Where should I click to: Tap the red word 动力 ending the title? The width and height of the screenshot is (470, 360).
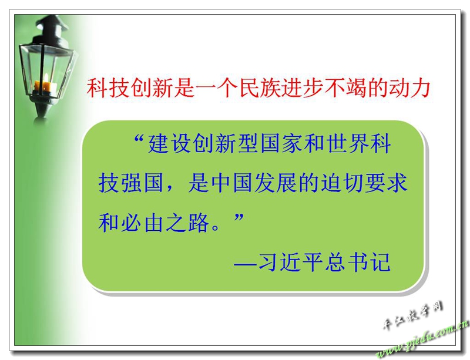(409, 88)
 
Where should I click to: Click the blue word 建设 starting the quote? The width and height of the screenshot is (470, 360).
(169, 143)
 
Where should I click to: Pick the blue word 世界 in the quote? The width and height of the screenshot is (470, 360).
(347, 143)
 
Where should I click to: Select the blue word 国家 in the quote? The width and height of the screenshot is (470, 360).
(281, 143)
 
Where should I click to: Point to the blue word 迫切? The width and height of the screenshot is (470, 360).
(342, 183)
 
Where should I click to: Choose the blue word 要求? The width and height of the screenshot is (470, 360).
(386, 183)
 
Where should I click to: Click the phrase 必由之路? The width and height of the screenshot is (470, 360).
(165, 223)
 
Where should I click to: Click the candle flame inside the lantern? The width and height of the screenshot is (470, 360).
(46, 79)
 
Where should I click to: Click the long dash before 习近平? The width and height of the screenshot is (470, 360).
(245, 264)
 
